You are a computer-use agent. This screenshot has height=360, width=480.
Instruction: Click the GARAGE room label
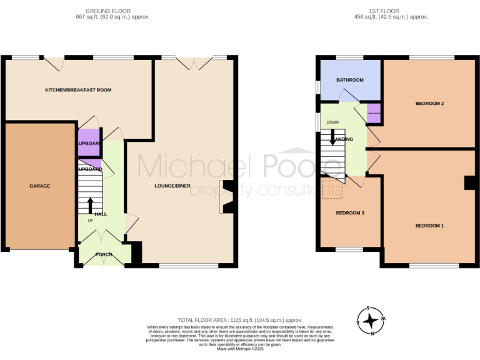point(39,186)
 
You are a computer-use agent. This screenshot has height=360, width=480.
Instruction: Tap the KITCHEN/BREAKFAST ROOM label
point(78,90)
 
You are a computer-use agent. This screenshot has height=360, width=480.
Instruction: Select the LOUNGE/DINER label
point(172,186)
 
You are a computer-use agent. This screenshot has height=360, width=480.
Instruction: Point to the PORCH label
point(104,254)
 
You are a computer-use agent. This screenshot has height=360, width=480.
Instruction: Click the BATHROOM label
point(349,80)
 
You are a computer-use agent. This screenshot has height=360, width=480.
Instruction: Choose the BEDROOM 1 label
point(429,225)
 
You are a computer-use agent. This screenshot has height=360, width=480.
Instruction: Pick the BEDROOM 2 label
point(429,103)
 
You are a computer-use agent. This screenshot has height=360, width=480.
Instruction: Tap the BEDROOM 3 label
point(350,212)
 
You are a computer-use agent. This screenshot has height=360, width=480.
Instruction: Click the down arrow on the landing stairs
point(332,136)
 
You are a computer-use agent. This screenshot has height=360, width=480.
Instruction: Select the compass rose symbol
point(371,321)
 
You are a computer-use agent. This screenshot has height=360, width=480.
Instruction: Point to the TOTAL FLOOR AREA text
point(240,319)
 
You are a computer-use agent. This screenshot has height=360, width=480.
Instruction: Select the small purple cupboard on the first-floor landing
point(374,114)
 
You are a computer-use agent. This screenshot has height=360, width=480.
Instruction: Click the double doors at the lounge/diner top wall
point(193,63)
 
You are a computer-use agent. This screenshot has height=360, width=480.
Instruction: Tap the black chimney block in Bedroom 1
point(468,182)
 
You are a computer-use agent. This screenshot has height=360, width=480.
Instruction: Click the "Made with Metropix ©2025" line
point(240,348)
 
